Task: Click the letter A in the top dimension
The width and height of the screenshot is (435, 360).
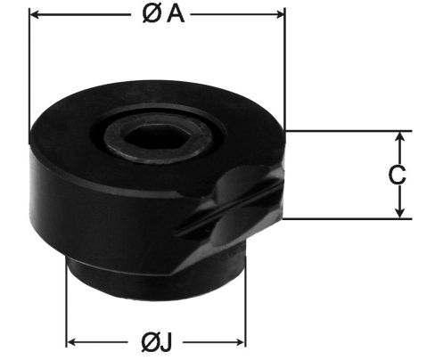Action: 176,14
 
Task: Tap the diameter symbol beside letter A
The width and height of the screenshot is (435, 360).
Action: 152,14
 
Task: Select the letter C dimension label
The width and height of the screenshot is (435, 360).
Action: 397,175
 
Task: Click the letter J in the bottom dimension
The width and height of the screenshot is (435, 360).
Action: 167,342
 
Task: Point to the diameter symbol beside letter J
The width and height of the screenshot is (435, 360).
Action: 151,342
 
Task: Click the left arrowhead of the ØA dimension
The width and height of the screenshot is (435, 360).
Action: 36,14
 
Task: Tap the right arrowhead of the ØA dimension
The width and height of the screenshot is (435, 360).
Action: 280,14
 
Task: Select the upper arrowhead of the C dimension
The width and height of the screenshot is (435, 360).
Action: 400,136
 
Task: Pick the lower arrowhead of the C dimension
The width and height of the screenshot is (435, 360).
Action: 400,213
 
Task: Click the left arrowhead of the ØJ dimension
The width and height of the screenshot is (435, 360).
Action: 71,342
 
